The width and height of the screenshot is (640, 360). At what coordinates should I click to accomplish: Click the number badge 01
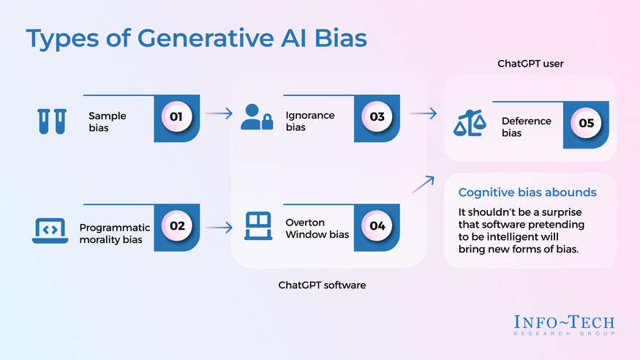(176, 116)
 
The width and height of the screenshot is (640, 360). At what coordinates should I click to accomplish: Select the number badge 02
(176, 225)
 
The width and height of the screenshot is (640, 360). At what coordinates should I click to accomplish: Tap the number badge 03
(377, 116)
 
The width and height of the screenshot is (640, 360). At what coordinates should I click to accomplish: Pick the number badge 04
(377, 225)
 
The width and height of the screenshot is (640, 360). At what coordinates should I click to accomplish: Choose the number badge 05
(586, 123)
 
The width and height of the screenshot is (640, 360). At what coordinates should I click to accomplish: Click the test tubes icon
(51, 121)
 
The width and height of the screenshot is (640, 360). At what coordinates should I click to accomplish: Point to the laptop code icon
(50, 230)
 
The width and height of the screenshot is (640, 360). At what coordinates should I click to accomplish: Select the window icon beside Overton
(257, 227)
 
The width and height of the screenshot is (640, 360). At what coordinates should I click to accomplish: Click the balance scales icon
(470, 124)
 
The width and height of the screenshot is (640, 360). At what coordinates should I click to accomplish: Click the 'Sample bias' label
(108, 121)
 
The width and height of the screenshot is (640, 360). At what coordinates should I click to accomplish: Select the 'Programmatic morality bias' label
(114, 233)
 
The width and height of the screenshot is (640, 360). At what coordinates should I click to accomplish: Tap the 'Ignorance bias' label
(310, 121)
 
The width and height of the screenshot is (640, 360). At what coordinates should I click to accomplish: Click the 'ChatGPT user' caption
(530, 64)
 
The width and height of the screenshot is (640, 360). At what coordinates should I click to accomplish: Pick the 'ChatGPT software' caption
(322, 285)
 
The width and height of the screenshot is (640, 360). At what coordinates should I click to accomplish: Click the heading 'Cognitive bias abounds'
(527, 192)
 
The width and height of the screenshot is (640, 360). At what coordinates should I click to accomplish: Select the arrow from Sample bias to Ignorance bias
(219, 113)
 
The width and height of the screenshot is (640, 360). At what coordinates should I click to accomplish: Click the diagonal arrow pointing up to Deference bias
(422, 184)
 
